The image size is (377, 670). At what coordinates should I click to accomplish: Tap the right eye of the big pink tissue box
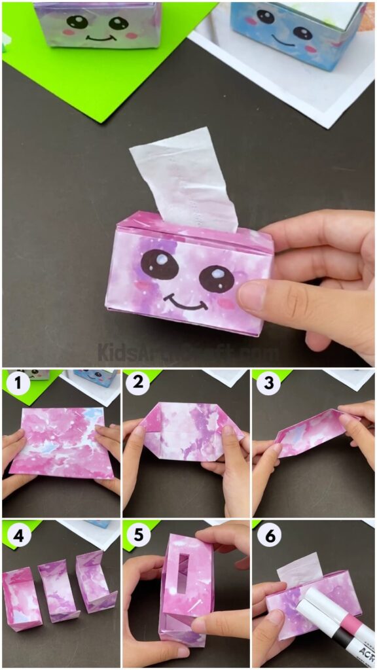pyautogui.click(x=217, y=279)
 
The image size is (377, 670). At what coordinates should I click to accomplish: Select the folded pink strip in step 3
pyautogui.click(x=308, y=434)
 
